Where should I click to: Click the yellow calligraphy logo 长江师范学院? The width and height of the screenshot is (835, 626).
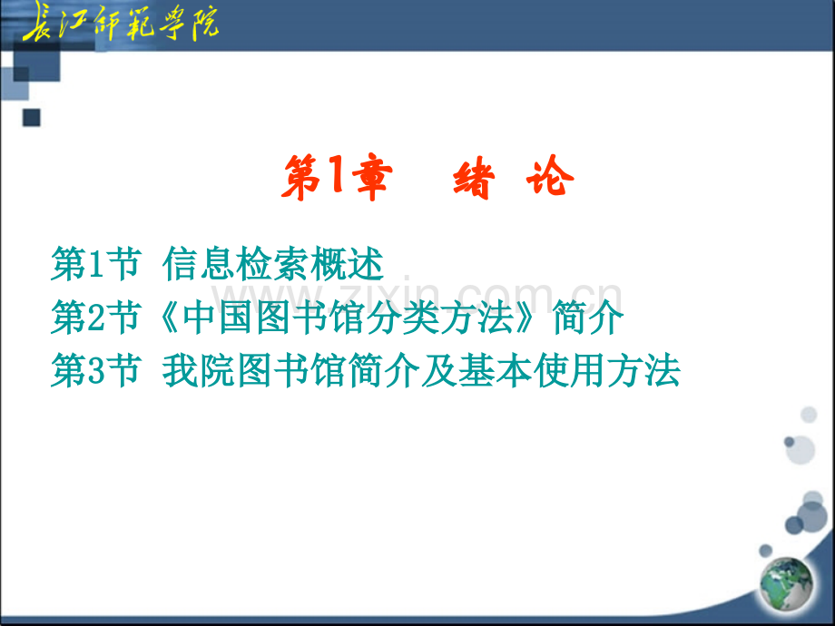click(x=121, y=23)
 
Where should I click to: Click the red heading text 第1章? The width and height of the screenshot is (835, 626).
click(x=337, y=177)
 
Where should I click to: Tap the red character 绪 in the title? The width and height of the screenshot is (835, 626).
click(x=474, y=178)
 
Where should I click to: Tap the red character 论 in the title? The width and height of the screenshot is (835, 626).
click(x=550, y=176)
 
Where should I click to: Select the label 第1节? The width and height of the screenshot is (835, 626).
click(x=96, y=264)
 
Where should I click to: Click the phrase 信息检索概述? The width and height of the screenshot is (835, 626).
click(x=273, y=264)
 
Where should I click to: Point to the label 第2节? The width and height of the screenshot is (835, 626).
click(x=96, y=318)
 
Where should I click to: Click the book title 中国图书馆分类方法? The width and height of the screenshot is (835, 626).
click(x=348, y=318)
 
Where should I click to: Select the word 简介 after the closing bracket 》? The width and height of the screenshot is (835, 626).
click(x=588, y=318)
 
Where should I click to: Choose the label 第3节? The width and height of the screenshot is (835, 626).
click(x=96, y=370)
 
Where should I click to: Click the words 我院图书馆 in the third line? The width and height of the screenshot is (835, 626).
click(x=255, y=370)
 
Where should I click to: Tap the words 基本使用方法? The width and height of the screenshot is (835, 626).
click(x=569, y=370)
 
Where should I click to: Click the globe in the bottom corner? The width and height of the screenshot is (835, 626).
click(x=787, y=583)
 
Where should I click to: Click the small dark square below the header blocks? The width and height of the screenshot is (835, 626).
click(x=32, y=118)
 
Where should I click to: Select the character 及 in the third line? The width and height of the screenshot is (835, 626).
click(x=439, y=370)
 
